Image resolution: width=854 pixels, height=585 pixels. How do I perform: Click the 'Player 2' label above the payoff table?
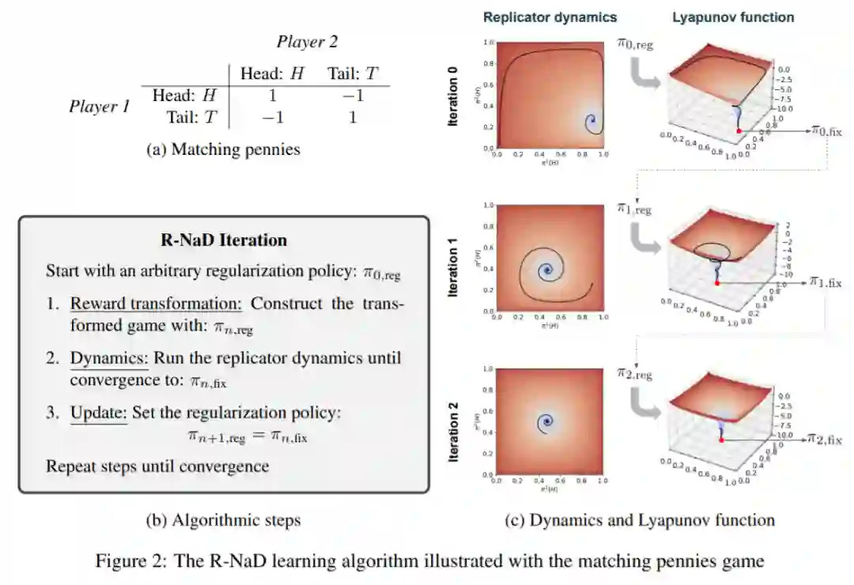click(307, 42)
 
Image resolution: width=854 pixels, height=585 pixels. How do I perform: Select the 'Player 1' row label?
click(99, 106)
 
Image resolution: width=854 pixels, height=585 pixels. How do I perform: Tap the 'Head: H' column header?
click(272, 74)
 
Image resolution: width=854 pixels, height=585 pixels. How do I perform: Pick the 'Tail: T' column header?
click(353, 74)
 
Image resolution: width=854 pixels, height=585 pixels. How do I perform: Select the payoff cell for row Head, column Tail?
click(353, 95)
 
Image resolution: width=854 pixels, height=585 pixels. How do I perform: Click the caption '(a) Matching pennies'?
click(224, 148)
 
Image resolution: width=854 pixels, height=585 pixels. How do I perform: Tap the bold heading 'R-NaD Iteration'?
click(224, 240)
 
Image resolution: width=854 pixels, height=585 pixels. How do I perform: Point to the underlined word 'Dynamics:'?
click(109, 358)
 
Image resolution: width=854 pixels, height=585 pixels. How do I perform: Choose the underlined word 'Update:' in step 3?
click(99, 412)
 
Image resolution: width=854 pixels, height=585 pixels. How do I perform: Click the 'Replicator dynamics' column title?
click(550, 17)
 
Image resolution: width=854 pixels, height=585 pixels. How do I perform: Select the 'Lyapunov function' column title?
click(733, 17)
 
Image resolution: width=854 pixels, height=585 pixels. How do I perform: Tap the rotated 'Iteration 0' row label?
click(453, 96)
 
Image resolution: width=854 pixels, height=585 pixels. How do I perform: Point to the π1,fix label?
click(825, 281)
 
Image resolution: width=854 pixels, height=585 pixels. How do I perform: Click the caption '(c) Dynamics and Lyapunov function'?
click(640, 520)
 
